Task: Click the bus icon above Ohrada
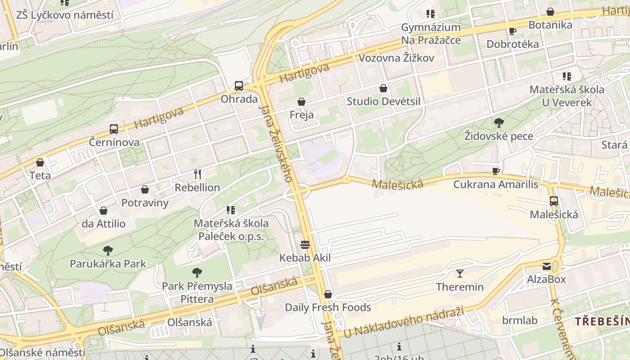(239, 85)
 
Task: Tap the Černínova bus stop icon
(114, 129)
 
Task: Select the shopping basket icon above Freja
(301, 102)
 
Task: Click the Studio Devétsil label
(383, 101)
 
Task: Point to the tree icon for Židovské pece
(499, 123)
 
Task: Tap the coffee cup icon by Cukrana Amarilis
(496, 171)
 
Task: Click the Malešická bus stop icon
(553, 201)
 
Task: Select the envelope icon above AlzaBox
(547, 266)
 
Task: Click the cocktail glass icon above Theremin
(459, 274)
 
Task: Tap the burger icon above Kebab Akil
(305, 245)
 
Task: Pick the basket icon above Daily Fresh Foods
(328, 294)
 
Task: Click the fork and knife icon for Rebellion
(197, 174)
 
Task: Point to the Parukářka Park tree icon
(108, 251)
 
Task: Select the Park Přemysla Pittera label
(197, 292)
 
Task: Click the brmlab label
(520, 320)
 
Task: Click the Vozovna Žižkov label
(396, 58)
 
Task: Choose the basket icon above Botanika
(550, 12)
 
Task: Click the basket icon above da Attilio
(103, 211)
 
